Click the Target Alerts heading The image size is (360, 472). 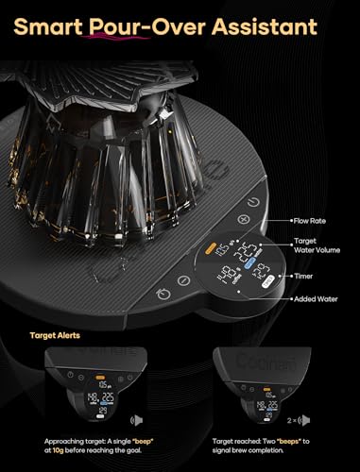pos(54,333)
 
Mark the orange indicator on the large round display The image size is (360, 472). pos(206,252)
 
